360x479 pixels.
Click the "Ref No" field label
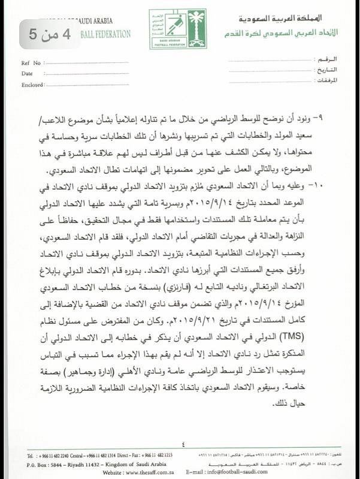[x=31, y=63]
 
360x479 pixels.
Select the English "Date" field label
[x=27, y=74]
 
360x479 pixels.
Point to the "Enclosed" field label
[x=32, y=85]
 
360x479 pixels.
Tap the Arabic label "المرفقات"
[x=326, y=80]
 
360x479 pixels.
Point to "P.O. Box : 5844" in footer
[x=46, y=464]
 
